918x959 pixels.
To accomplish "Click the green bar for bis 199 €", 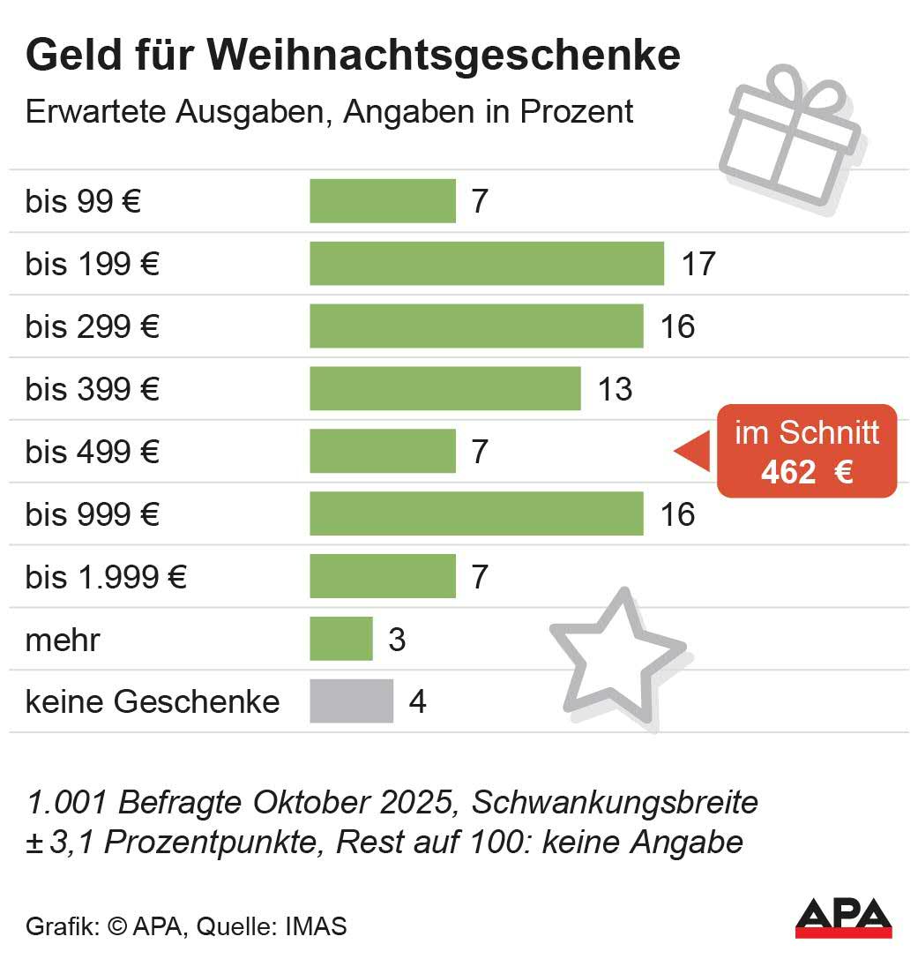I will click(x=486, y=264).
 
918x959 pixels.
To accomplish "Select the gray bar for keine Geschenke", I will click(x=351, y=701).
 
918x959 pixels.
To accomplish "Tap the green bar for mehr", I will click(x=340, y=639).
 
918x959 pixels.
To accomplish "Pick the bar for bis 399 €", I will click(x=444, y=389).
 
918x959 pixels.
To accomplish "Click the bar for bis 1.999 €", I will click(x=382, y=577).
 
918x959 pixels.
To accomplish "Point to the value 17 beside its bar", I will click(x=698, y=264).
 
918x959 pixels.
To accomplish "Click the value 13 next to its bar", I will click(x=615, y=389).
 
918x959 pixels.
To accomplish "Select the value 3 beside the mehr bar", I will click(x=397, y=640).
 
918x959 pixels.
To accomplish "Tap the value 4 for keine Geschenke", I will click(x=417, y=702).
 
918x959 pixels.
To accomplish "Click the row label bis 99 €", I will click(x=84, y=202).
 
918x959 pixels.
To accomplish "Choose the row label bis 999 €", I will click(x=93, y=514).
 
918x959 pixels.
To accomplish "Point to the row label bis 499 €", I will click(x=93, y=452).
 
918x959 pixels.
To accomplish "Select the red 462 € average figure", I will click(x=806, y=473).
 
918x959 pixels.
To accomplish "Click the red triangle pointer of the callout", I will click(x=692, y=451).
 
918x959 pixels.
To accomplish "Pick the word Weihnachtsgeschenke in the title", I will click(x=446, y=56).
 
